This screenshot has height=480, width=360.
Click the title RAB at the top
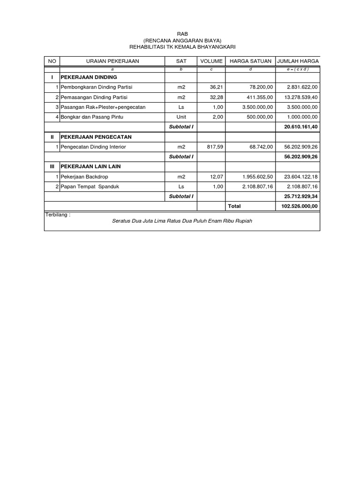tap(180, 34)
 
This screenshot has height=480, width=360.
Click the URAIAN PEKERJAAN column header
tap(112, 61)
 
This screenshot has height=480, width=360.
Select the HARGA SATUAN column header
tap(250, 61)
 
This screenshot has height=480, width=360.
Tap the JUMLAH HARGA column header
tap(298, 61)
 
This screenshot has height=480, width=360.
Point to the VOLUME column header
tap(211, 61)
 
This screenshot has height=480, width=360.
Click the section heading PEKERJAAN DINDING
tap(89, 77)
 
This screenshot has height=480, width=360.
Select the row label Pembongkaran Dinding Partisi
tap(97, 87)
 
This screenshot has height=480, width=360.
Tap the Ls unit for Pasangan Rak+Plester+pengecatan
tap(181, 107)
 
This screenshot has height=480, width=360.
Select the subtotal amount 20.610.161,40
tap(301, 127)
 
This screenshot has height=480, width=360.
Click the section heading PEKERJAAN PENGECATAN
tap(96, 137)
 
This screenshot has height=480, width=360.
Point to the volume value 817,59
tap(213, 147)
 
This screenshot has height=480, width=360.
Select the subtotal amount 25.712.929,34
tap(301, 196)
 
